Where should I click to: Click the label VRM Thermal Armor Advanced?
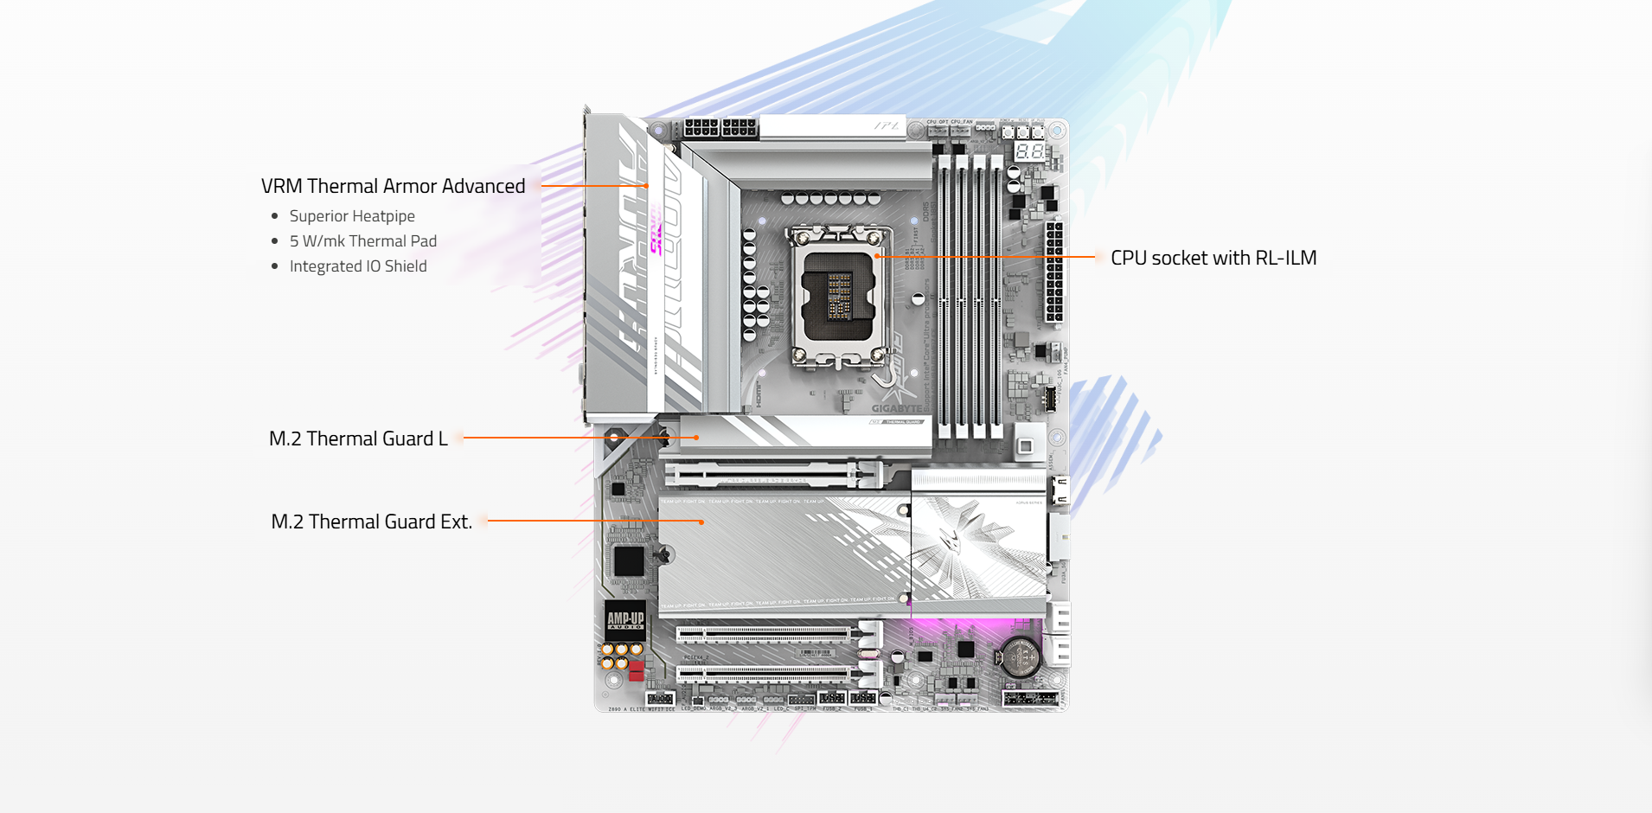(393, 186)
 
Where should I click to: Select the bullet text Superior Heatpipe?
(352, 216)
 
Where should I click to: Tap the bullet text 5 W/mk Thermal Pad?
(362, 241)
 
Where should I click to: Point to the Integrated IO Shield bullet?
(358, 266)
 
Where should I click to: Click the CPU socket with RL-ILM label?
(1213, 258)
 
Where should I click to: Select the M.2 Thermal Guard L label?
(358, 439)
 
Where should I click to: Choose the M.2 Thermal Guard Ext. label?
(371, 522)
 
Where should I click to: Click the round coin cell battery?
(1020, 657)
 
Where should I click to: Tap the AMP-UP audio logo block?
(625, 619)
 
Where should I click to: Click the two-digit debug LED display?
(1029, 151)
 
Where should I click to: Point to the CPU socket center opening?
(837, 296)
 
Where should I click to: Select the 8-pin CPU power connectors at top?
(720, 128)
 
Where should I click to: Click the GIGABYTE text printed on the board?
(896, 408)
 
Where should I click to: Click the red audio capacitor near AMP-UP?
(637, 670)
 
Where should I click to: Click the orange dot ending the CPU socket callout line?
(876, 256)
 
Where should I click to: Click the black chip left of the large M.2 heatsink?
(629, 561)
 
